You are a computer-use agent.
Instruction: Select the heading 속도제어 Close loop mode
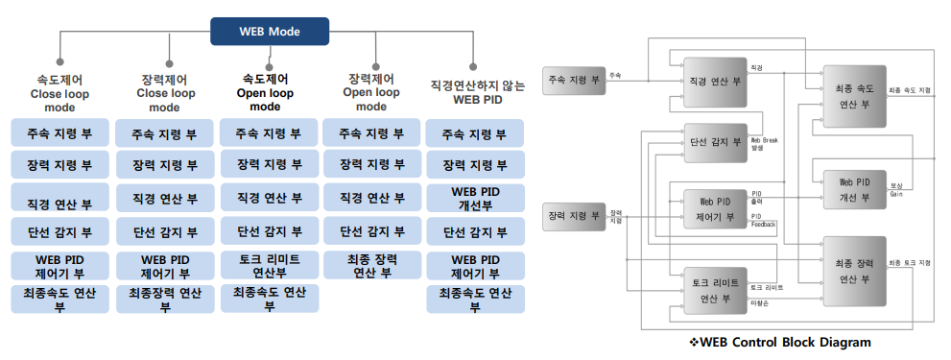click(59, 94)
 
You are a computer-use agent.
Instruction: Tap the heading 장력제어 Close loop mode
click(164, 94)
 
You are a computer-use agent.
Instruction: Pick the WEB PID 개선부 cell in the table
click(477, 197)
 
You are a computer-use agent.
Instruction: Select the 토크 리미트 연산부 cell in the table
click(268, 265)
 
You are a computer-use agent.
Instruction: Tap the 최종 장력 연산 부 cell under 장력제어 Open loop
click(371, 265)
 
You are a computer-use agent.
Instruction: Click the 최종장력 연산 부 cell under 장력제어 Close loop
click(164, 299)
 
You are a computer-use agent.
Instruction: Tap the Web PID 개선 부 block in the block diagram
click(853, 190)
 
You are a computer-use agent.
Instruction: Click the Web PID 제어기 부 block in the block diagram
click(715, 209)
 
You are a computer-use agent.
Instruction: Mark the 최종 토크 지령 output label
click(909, 262)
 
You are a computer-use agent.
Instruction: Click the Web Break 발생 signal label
click(765, 144)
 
